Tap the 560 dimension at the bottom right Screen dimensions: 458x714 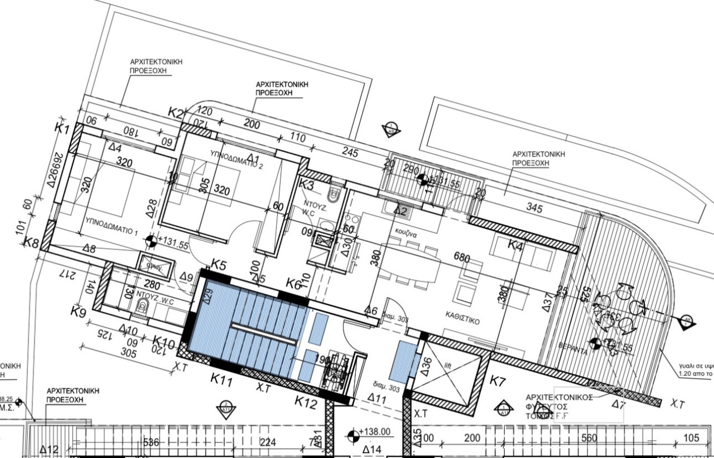coord(589,438)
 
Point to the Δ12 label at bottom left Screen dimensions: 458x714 coord(50,450)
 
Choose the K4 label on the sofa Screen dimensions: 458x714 coord(515,245)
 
